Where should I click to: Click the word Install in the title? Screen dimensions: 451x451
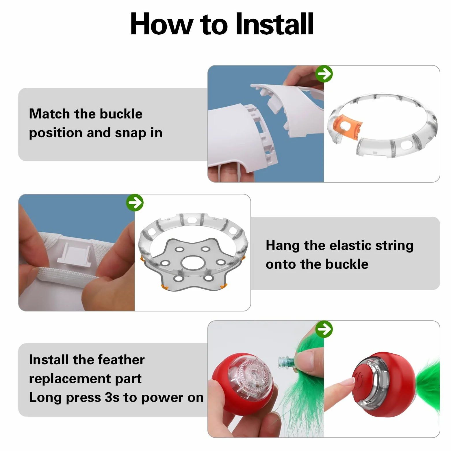pos(274,24)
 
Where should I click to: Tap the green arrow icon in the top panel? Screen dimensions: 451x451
pos(324,74)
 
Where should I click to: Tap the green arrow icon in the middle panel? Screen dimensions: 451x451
pos(135,203)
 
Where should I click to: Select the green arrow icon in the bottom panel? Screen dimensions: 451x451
pos(324,329)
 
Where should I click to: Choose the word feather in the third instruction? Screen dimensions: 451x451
pos(121,360)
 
